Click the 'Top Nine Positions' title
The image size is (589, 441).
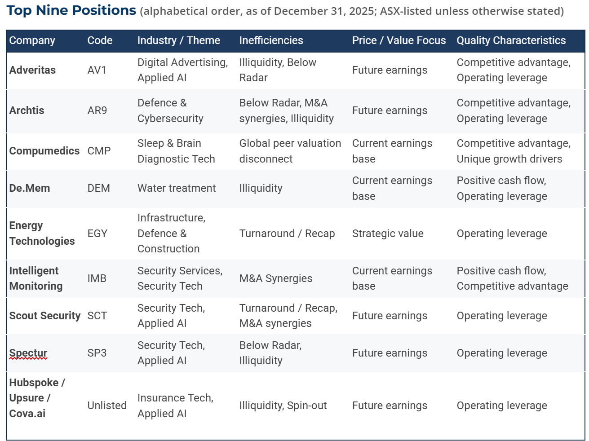(71, 10)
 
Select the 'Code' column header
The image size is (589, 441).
(100, 40)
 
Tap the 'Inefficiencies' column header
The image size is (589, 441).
(271, 40)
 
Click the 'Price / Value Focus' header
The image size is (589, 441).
(399, 40)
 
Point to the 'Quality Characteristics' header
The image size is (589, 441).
(511, 40)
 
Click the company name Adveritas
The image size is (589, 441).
(32, 70)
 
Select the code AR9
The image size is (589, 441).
(97, 110)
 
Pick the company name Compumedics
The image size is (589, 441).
(44, 151)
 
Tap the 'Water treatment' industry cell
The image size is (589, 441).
(177, 188)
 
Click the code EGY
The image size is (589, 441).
(97, 234)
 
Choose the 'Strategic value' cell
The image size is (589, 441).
(387, 234)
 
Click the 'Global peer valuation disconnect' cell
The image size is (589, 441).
(290, 151)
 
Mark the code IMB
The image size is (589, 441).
(97, 278)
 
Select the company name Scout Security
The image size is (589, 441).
(44, 316)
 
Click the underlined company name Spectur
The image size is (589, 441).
(28, 353)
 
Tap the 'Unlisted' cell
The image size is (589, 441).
(107, 406)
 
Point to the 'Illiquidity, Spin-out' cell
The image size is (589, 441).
(283, 406)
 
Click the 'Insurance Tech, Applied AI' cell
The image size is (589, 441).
(175, 406)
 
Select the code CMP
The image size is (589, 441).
(99, 151)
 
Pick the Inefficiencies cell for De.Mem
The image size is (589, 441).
(261, 188)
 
